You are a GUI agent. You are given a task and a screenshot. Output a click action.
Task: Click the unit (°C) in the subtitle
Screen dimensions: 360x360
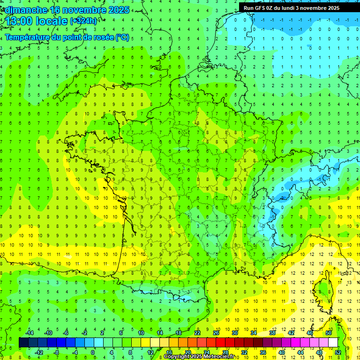[122, 37]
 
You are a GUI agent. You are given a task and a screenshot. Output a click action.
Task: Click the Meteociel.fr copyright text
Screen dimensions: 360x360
[199, 357]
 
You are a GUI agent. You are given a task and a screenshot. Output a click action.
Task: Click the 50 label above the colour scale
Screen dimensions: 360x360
[329, 333]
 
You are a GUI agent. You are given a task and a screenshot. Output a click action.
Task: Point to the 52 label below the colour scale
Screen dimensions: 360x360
[338, 352]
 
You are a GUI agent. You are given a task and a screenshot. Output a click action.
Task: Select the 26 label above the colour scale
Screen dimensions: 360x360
[216, 333]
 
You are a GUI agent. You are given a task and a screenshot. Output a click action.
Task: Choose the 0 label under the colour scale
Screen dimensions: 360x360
[93, 352]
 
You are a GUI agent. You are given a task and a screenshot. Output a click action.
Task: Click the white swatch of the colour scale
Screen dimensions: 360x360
[333, 343]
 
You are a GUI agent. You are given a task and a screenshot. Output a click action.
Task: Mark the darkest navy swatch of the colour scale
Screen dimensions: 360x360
[23, 343]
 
